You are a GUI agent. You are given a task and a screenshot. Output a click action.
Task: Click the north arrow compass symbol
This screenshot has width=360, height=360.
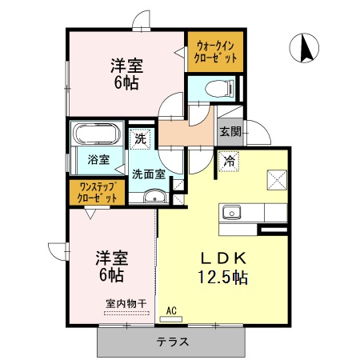(304, 48)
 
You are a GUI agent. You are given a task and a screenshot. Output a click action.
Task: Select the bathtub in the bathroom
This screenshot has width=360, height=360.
(97, 134)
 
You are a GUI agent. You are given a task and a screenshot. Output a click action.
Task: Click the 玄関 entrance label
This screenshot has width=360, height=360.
(230, 131)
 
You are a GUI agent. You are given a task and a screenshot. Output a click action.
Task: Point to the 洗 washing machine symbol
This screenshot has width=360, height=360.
(140, 138)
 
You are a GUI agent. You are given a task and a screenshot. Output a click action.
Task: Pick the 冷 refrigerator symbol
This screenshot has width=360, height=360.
(229, 162)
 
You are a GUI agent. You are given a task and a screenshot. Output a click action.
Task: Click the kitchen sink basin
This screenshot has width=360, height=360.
(232, 213)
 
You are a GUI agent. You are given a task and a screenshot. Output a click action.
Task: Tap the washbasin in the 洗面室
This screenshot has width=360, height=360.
(154, 197)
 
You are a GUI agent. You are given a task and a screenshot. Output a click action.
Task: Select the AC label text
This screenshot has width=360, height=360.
(171, 310)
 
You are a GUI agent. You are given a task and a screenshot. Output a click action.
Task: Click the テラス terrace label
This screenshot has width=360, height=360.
(173, 342)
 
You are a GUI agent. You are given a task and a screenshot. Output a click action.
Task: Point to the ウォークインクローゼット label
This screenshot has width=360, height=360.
(215, 52)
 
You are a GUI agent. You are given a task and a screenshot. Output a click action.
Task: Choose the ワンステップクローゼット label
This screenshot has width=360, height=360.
(97, 192)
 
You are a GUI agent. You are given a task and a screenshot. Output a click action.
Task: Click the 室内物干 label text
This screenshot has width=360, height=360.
(126, 303)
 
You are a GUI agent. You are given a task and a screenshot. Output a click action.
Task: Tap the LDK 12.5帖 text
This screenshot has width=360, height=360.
(223, 268)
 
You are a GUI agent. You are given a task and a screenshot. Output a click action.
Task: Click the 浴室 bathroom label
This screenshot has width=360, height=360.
(98, 159)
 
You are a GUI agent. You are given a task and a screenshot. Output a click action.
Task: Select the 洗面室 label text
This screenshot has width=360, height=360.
(149, 174)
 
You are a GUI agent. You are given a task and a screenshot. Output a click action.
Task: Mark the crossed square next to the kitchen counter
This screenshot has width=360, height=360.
(277, 180)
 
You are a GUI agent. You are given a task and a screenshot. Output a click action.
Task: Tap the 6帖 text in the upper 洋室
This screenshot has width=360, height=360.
(126, 83)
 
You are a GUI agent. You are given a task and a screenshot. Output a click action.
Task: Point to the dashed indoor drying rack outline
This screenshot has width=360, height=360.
(126, 314)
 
